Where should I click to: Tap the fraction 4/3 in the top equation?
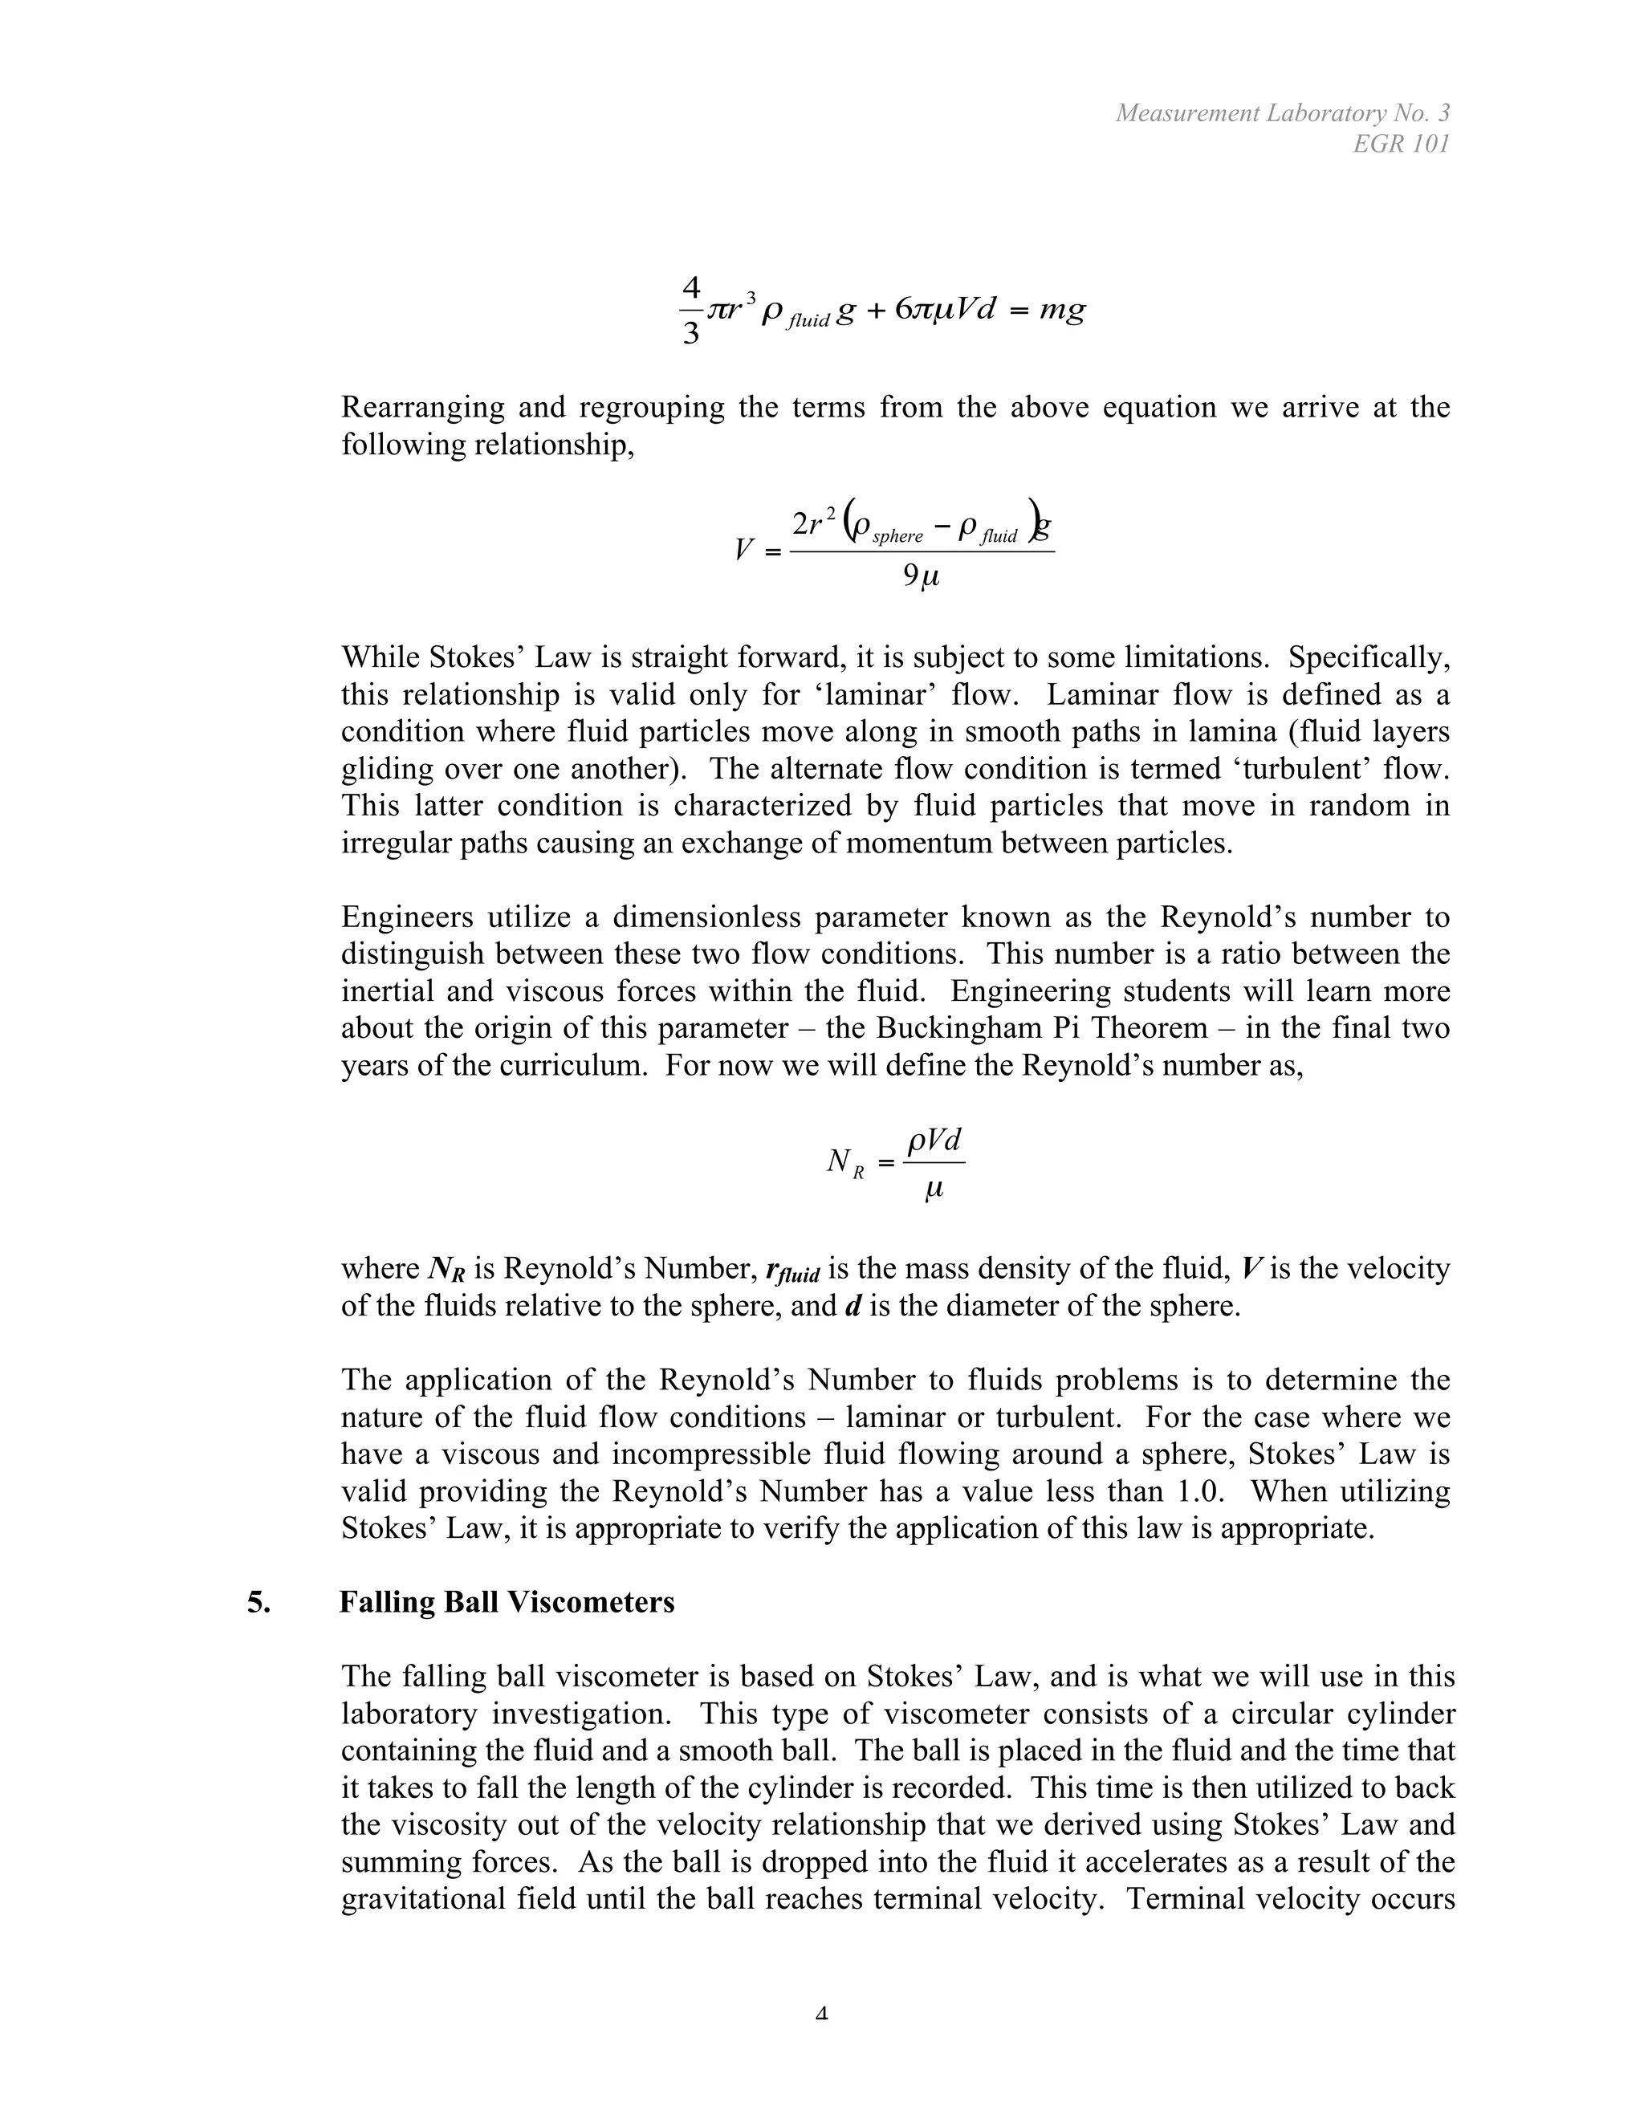pos(690,311)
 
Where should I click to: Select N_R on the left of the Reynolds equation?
pos(844,1162)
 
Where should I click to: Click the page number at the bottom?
pos(821,2013)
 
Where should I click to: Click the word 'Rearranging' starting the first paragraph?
pos(421,407)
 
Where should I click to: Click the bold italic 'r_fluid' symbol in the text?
pos(793,1271)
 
